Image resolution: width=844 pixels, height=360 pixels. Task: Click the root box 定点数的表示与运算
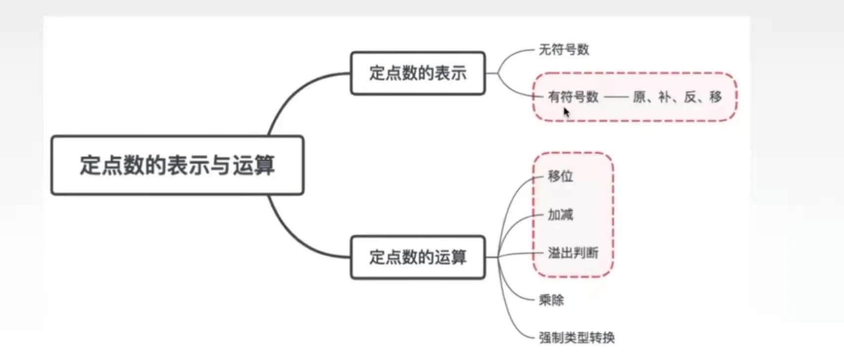click(x=177, y=165)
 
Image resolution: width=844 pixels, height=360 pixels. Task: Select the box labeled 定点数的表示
click(x=418, y=73)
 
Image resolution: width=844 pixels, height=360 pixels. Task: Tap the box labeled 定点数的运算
click(x=418, y=257)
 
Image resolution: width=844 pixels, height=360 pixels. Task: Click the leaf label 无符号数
click(x=564, y=50)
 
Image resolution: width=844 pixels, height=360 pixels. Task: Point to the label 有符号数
click(x=573, y=97)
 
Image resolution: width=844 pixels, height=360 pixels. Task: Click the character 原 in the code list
click(x=639, y=97)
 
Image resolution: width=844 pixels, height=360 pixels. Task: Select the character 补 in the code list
click(x=665, y=97)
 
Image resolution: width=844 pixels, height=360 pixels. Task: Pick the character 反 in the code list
click(x=690, y=97)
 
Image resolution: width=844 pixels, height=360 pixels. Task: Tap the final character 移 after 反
click(x=715, y=97)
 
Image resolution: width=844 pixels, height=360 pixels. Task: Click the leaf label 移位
click(x=560, y=176)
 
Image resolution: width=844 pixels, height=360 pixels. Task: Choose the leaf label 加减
click(x=560, y=215)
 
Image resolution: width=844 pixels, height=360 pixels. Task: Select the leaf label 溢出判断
click(x=573, y=253)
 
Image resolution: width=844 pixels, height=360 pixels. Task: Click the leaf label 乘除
click(x=551, y=300)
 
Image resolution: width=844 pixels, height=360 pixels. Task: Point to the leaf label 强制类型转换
click(x=577, y=338)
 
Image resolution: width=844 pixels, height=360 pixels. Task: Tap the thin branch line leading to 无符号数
click(x=512, y=54)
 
